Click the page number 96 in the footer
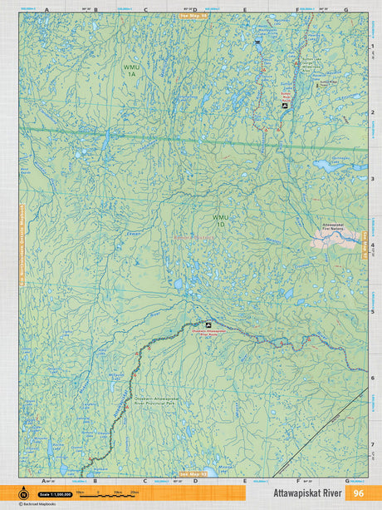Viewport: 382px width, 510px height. tap(358, 493)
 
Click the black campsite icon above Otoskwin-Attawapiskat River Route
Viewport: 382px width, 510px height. tap(208, 325)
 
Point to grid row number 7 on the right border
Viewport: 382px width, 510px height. tap(372, 444)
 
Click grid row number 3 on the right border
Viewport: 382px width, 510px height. tap(372, 178)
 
